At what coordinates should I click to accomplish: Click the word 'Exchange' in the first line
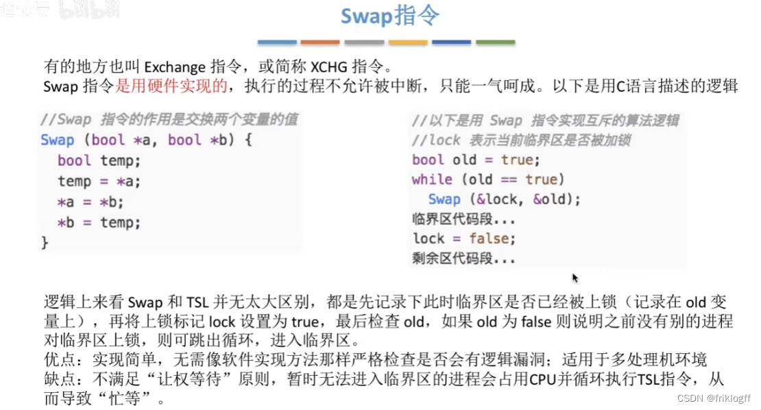click(175, 67)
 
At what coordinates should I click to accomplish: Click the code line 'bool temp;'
click(99, 160)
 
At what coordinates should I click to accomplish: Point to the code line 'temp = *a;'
click(99, 182)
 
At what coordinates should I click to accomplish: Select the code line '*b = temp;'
click(99, 223)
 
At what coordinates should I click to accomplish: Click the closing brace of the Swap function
click(45, 242)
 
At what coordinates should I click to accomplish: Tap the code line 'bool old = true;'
click(476, 160)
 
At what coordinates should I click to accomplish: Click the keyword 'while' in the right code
click(432, 180)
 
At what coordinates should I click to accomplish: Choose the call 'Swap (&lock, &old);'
click(504, 200)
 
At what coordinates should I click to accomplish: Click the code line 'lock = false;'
click(463, 239)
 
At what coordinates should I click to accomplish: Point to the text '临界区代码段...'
click(463, 219)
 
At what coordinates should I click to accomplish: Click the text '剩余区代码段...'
click(463, 259)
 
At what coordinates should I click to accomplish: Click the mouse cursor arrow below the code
click(575, 278)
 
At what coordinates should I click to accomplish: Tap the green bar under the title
click(495, 43)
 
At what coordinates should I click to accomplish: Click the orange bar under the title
click(320, 43)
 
